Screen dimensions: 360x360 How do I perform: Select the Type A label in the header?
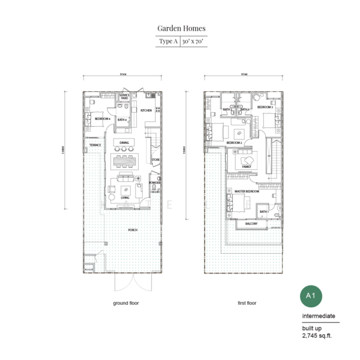pos(167,41)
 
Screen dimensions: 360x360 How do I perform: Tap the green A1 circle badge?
pos(310,296)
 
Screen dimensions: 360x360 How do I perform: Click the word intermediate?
pos(319,316)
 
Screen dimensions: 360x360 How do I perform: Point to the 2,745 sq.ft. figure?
pos(316,336)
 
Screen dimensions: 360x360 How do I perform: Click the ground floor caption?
pos(125,304)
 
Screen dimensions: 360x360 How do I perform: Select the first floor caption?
pos(246,304)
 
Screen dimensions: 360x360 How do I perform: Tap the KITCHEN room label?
pos(146,111)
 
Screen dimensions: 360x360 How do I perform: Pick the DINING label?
pos(124,142)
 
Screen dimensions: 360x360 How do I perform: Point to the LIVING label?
pos(125,197)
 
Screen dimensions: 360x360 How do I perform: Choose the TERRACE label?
pos(95,145)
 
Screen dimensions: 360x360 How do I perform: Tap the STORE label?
pos(155,160)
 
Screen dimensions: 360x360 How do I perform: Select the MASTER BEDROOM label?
pos(247,191)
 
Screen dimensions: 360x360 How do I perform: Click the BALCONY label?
pos(251,224)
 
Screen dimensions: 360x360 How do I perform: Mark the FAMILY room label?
pos(246,166)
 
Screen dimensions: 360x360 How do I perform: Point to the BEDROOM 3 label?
pos(265,107)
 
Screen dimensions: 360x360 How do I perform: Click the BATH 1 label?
pos(263,212)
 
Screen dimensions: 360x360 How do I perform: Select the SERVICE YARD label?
pos(125,97)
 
